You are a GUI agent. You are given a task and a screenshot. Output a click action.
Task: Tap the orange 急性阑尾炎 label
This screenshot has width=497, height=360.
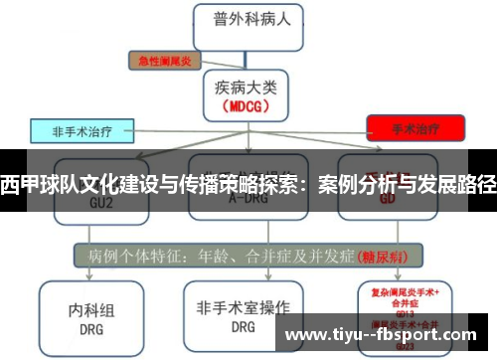tap(164, 61)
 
